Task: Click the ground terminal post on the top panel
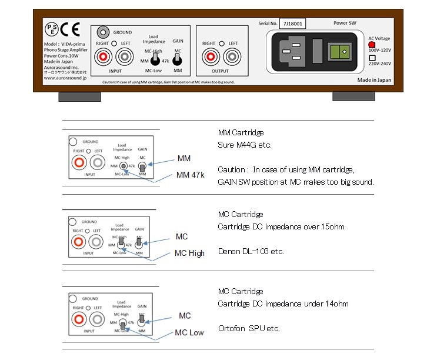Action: [105, 32]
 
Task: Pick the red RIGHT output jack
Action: [209, 57]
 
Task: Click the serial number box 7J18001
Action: [292, 24]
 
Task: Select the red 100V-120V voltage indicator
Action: [372, 44]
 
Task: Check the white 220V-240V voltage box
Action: [372, 58]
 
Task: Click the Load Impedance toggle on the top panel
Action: [153, 60]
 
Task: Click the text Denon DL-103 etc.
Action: [251, 251]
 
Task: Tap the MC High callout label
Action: [190, 254]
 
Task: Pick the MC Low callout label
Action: [189, 333]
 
